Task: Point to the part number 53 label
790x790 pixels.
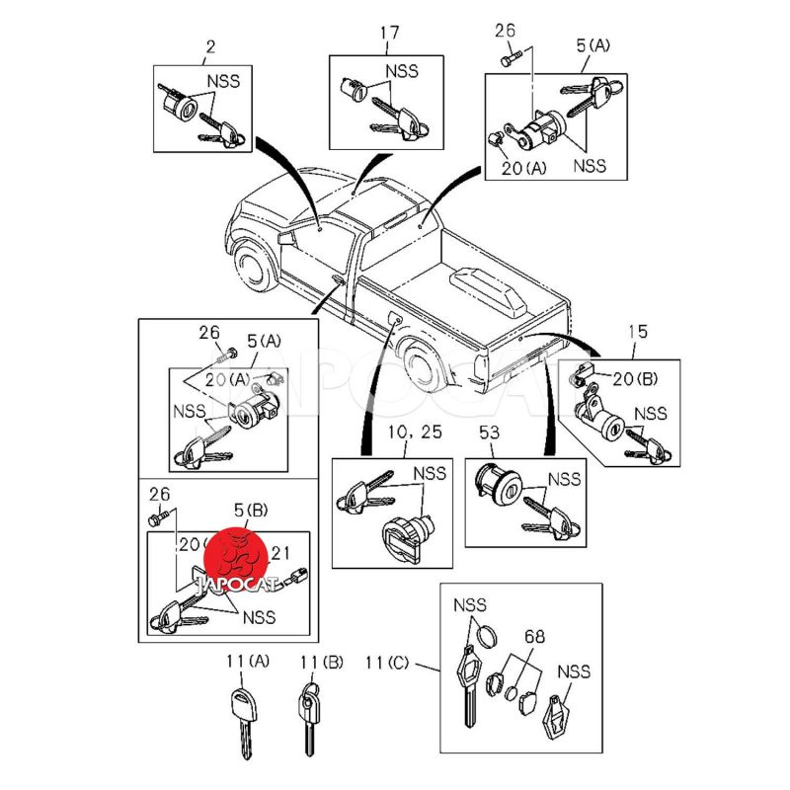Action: (488, 432)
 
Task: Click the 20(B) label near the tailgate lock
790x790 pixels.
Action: (636, 378)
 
